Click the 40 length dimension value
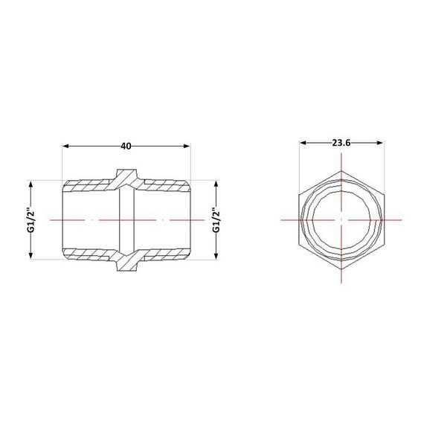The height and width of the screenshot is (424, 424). [126, 146]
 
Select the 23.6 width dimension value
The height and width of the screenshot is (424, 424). [341, 143]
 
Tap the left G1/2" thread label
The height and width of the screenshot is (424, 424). [32, 220]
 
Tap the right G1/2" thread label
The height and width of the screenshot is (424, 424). [216, 220]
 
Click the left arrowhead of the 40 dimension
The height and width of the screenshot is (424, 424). [65, 146]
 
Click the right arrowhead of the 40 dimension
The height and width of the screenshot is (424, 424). [186, 146]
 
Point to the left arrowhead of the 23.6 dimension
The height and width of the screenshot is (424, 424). [303, 143]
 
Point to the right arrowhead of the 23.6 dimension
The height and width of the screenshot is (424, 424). [380, 143]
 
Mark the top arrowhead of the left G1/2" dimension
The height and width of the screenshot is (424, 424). [30, 184]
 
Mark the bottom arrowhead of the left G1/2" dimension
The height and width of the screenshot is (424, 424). [30, 256]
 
